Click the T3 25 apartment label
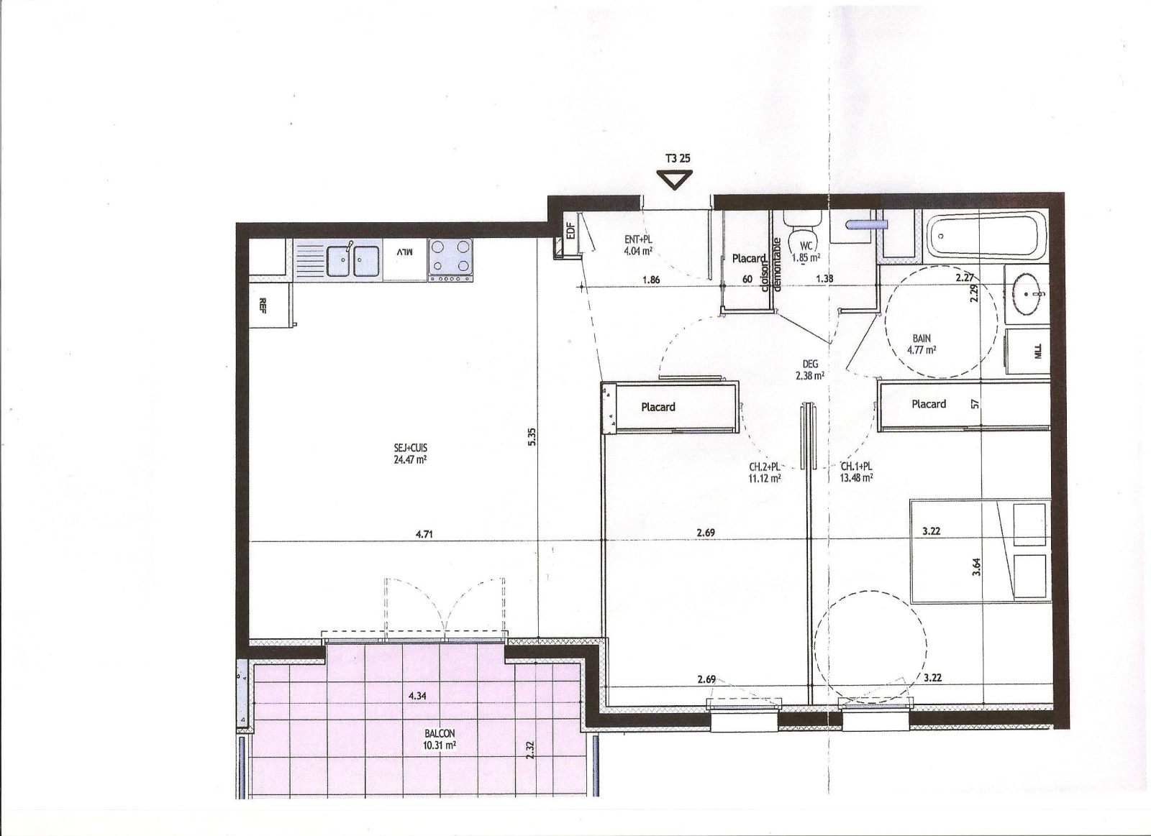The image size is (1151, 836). coord(678,158)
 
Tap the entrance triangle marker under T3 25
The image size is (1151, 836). coord(675,180)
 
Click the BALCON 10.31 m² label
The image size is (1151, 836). coord(440,740)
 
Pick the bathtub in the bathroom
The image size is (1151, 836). coord(985,235)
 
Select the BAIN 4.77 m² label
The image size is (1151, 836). coord(922,344)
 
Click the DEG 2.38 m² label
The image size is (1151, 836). coord(810,369)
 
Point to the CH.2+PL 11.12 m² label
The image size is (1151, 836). coord(765,472)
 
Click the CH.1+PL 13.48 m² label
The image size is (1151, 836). coord(856,472)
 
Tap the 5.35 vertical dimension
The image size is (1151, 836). coord(532,437)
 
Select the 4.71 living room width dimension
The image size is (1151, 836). coord(424,534)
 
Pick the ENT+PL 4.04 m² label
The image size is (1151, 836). coord(638,245)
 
